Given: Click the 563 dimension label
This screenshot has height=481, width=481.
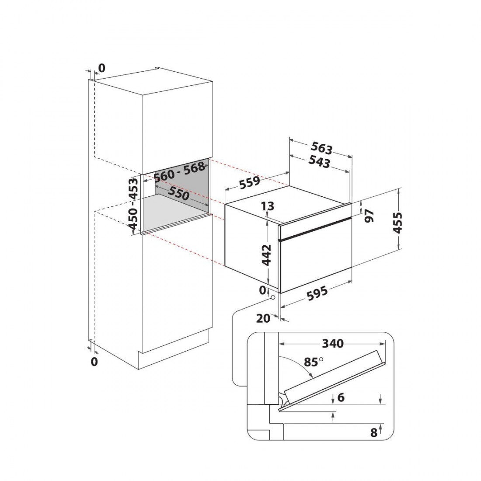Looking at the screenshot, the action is (321, 148).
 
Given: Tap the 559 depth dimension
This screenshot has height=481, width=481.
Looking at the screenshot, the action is (249, 183).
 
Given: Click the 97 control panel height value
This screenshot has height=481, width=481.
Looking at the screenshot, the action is (369, 216).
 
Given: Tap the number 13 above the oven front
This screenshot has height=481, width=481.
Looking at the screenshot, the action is (268, 206).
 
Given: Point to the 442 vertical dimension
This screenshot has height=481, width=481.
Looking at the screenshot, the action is (266, 255).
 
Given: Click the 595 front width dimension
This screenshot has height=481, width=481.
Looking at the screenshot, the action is (317, 294).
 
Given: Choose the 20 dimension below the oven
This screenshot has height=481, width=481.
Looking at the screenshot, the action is (263, 318).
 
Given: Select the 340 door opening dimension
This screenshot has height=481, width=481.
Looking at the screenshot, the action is (332, 343).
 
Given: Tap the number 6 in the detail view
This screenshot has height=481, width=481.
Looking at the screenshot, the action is (341, 397).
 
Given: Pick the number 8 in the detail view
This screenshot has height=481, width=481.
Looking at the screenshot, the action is (373, 432).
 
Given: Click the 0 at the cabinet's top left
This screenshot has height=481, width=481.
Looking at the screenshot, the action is (101, 68).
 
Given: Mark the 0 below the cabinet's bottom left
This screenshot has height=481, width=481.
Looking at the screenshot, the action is (94, 362).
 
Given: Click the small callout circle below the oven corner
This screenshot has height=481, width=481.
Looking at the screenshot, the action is (272, 297).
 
